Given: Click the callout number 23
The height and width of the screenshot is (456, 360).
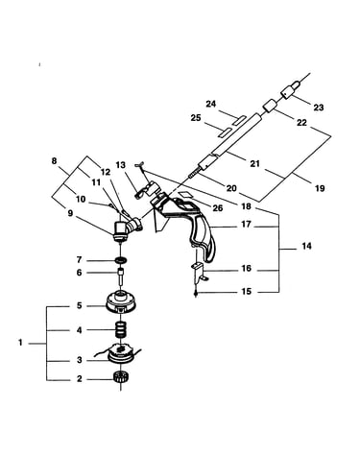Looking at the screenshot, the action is pos(318,108).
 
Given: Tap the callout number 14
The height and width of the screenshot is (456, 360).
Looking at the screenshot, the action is pos(306,246).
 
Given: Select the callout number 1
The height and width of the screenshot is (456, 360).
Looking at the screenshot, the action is pos(20,343).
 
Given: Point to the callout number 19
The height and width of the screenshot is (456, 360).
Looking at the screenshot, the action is pos(320,188).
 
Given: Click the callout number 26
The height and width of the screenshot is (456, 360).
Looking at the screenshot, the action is pos(218,208).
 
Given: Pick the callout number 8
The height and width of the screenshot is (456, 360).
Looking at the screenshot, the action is pos(54,161).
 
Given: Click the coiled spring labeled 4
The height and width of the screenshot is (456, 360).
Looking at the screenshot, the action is pos(121,330).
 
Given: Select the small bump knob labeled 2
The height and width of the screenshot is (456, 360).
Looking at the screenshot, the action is pos(121,377).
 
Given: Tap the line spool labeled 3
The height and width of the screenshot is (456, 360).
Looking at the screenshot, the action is pos(121,353).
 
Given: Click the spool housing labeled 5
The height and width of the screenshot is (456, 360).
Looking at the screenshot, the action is pos(121,301).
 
